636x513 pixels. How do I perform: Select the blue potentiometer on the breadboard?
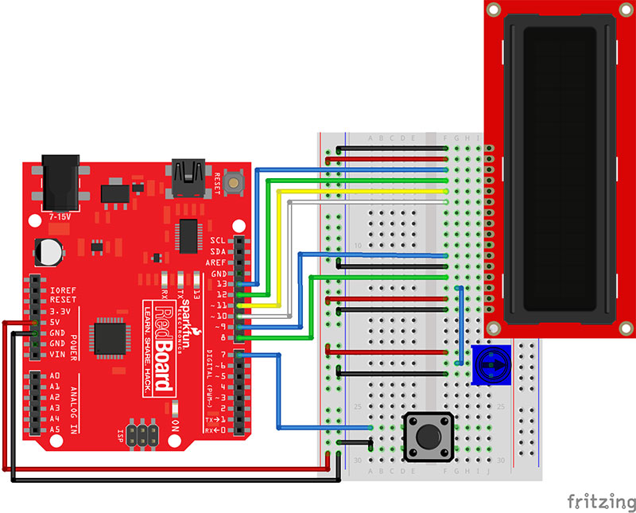click(487, 365)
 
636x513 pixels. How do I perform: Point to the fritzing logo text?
click(601, 501)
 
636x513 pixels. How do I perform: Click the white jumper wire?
click(366, 203)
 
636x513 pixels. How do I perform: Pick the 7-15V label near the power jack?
click(60, 216)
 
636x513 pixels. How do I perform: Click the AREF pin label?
click(215, 262)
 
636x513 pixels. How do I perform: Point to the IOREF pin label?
click(63, 290)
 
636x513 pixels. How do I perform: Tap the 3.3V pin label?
click(63, 311)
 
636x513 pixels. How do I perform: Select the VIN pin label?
click(59, 354)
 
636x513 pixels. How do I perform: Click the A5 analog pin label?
click(55, 429)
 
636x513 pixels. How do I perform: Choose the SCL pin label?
click(218, 240)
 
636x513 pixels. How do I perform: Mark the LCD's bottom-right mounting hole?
click(626, 328)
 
